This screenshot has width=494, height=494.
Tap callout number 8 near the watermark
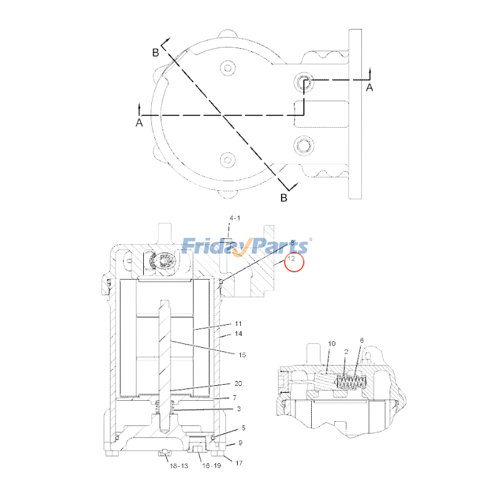[x=292, y=243]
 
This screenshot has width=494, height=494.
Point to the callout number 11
[x=238, y=324]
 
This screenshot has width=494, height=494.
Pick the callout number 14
[x=238, y=334]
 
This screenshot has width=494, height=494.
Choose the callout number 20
[x=238, y=383]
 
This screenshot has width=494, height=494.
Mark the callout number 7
[x=235, y=398]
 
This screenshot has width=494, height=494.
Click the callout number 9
[x=240, y=443]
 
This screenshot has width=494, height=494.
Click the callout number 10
[x=332, y=343]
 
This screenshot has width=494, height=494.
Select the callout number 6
[x=362, y=340]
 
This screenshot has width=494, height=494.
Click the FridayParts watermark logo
[x=247, y=246]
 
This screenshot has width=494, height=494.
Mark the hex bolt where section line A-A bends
[x=303, y=82]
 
